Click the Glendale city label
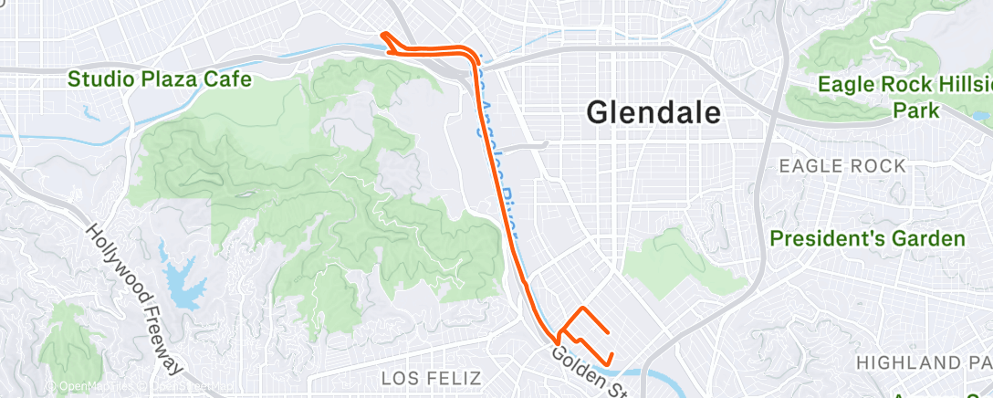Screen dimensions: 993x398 point(654,112)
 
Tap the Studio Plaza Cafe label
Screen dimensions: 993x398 point(160,79)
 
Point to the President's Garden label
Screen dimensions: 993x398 point(867,239)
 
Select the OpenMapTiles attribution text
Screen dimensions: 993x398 point(87,387)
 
